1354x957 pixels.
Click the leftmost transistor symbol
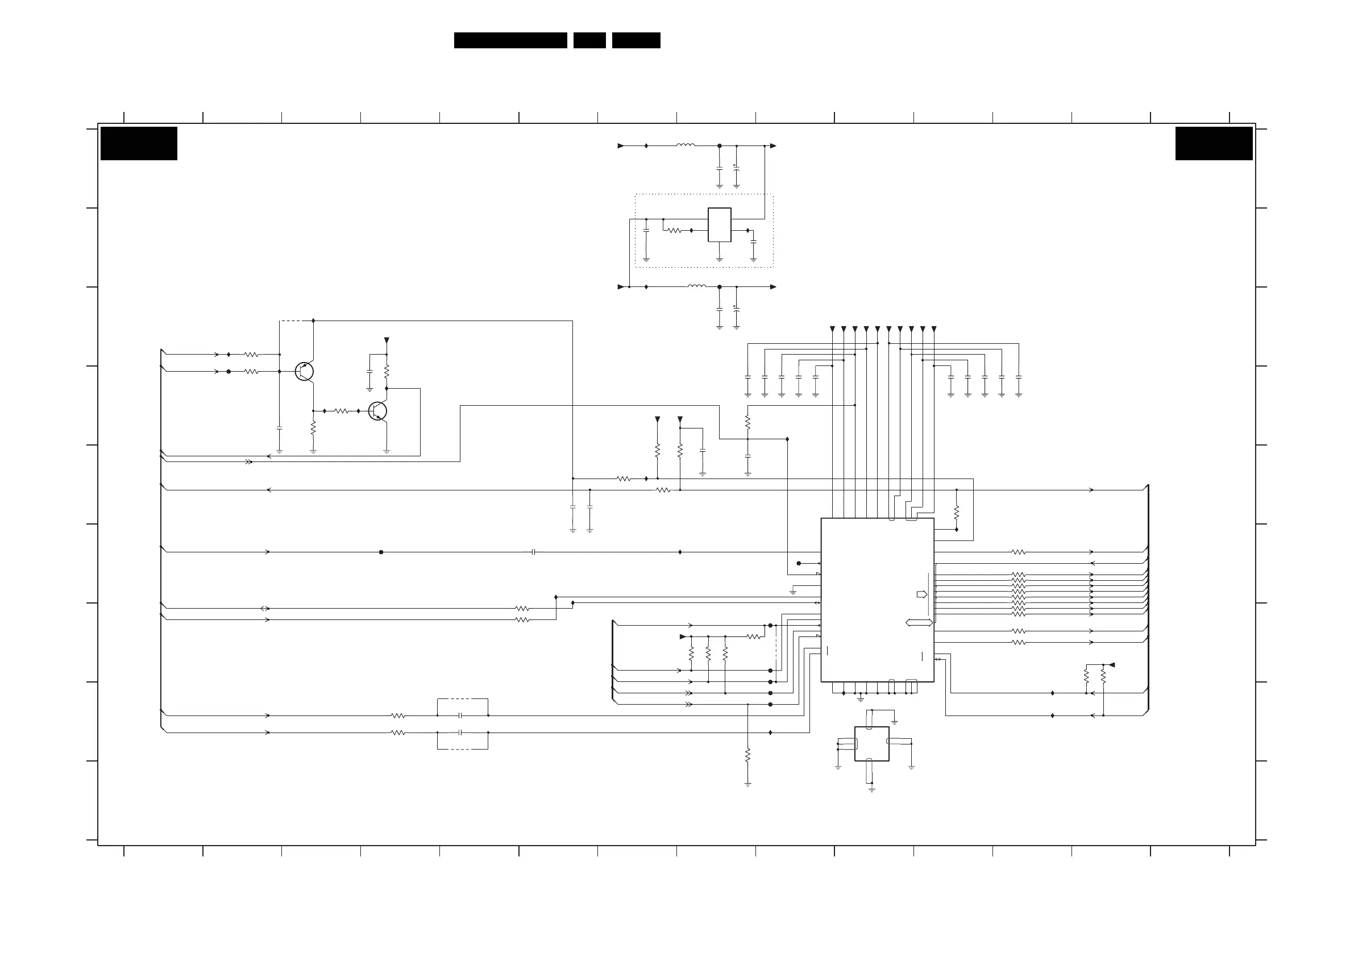tap(304, 372)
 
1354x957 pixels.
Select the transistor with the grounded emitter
tap(377, 411)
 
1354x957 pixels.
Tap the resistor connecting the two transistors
tap(342, 411)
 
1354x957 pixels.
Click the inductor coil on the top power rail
tap(686, 145)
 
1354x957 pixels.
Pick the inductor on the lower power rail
tap(696, 286)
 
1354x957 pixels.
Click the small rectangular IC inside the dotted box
tap(719, 224)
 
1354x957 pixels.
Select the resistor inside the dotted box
tap(675, 231)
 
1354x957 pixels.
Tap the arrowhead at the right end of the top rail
tap(773, 145)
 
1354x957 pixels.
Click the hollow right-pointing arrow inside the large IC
tap(922, 594)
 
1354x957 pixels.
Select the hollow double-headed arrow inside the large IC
tap(919, 623)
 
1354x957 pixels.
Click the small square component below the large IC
tap(871, 743)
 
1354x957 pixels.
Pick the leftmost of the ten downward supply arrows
tap(832, 329)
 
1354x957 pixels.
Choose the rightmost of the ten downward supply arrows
tap(933, 329)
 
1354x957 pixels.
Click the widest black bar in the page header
tap(510, 40)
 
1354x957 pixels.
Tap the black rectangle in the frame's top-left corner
tap(139, 143)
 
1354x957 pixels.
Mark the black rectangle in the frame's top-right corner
tap(1214, 143)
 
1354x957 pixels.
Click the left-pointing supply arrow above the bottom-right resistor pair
tap(1112, 664)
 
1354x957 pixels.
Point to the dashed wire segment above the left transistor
tap(296, 321)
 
